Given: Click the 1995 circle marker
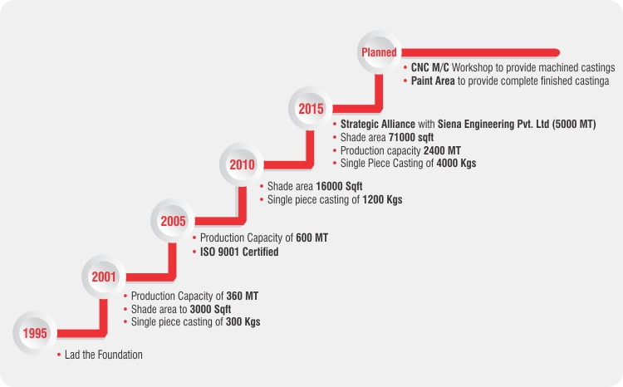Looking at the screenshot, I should tap(35, 334).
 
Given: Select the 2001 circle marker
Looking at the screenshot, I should tap(105, 277).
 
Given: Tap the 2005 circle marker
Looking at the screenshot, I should tap(174, 222).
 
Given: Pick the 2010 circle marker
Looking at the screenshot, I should tap(242, 164).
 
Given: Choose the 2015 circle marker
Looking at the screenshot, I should tap(311, 108).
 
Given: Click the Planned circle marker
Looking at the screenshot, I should tap(379, 53).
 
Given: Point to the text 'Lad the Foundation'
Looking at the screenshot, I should tap(104, 355).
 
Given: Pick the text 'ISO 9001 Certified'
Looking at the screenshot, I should tap(239, 252).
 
